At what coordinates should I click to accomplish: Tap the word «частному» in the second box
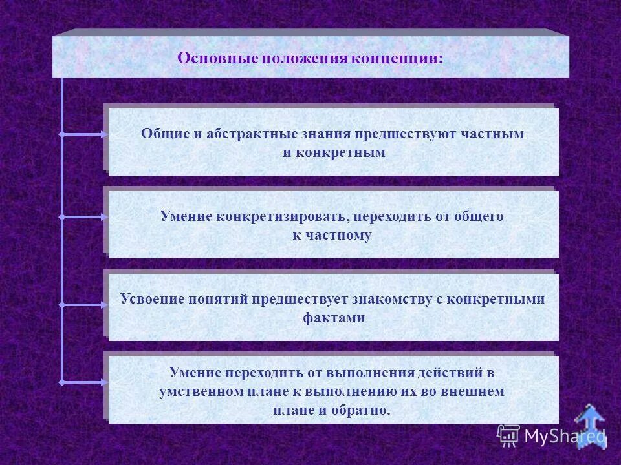[340, 236]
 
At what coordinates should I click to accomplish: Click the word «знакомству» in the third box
[395, 299]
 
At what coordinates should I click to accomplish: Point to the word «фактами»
[333, 318]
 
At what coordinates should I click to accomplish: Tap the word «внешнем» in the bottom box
[475, 391]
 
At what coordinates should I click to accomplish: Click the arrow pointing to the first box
[84, 134]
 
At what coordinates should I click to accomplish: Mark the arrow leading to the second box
[84, 217]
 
